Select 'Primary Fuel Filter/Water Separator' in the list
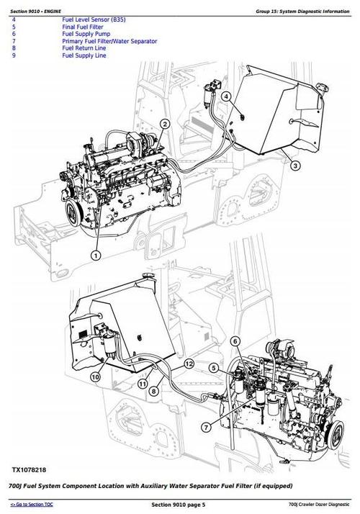click(109, 42)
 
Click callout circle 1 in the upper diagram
click(96, 254)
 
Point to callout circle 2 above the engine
click(165, 125)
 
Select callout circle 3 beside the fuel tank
click(296, 166)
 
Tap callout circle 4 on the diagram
click(226, 96)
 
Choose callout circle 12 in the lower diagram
click(189, 365)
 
